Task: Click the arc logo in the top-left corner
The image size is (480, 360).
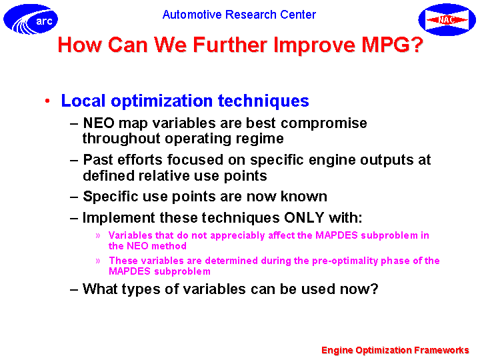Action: coord(31,19)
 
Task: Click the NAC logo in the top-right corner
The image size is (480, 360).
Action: coord(447,19)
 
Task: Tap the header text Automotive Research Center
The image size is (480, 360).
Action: coord(239,15)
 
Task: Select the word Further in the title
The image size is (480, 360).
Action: coord(230,45)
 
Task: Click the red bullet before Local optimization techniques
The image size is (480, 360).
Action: coord(47,101)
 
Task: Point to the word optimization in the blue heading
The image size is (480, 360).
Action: coord(161,101)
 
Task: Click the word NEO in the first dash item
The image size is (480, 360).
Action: coord(99,123)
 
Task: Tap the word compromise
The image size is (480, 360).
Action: coord(324,124)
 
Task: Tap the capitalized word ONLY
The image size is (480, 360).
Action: coord(304,217)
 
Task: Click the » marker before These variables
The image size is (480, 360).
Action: coord(98,261)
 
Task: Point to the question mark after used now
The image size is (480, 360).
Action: coord(375,289)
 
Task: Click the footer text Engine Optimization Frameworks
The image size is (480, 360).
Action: coord(395,350)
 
